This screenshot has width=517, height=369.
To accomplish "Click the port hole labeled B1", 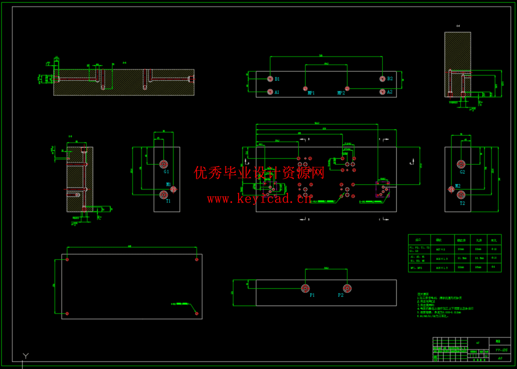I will (270, 79).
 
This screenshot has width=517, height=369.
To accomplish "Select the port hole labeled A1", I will (270, 92).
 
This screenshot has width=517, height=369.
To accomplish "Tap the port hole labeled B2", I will (382, 79).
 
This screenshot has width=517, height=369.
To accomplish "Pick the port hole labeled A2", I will (382, 92).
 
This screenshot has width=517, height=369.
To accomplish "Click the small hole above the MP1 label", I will (305, 88).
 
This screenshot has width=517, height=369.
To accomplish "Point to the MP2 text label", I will (341, 93).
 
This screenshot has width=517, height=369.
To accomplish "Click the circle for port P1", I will (305, 288).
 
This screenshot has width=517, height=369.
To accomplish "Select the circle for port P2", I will (347, 288).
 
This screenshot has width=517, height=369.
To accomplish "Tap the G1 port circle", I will (164, 164).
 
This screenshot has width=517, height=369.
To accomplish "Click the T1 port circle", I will (164, 194).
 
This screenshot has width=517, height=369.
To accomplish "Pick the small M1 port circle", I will (173, 189).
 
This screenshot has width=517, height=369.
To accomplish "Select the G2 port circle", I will (461, 164).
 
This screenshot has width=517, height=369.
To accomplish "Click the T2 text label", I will (462, 203).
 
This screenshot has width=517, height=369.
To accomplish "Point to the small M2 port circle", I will (451, 189).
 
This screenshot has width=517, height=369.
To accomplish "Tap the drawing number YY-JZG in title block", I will (501, 350).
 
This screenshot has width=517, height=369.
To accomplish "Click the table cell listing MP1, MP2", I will (419, 268).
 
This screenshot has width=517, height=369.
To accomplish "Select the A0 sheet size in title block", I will (500, 358).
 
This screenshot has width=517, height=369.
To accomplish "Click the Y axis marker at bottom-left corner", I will (25, 356).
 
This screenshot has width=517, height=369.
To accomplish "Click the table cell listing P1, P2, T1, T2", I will (419, 249).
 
